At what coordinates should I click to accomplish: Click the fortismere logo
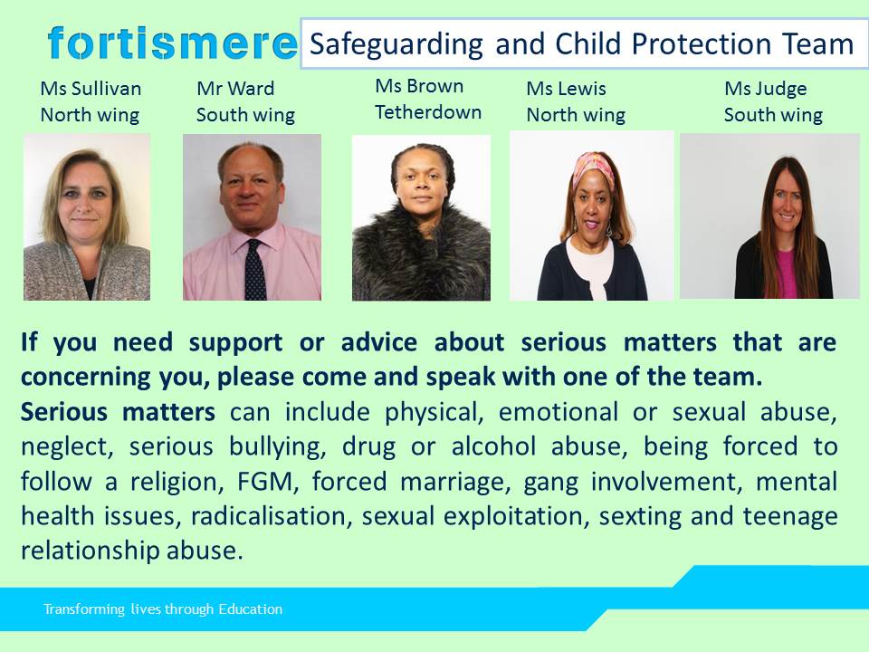[172, 43]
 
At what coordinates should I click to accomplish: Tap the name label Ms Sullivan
[91, 88]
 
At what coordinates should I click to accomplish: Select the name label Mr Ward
[235, 88]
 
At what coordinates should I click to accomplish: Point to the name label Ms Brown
[419, 86]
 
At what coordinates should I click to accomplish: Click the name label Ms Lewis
[566, 88]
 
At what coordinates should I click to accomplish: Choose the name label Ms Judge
[766, 89]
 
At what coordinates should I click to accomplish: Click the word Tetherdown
[428, 112]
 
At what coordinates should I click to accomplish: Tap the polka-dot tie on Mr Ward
[255, 270]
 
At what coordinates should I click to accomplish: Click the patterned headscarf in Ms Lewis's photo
[594, 168]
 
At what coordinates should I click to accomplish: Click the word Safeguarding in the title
[396, 44]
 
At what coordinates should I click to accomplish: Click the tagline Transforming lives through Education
[163, 609]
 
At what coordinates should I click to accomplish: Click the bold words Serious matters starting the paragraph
[118, 412]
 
